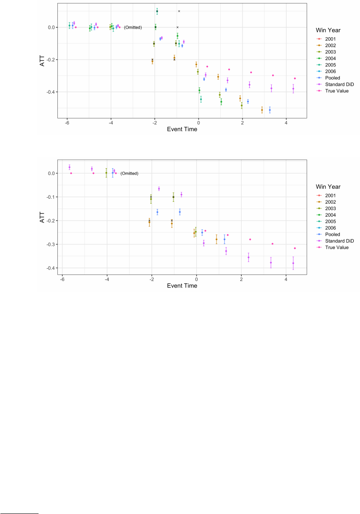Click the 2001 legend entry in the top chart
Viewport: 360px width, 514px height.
[x=331, y=39]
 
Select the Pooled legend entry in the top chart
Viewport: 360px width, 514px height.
[x=333, y=78]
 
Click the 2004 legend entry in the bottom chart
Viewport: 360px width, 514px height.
[x=331, y=215]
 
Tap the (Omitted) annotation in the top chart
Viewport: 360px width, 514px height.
[x=133, y=28]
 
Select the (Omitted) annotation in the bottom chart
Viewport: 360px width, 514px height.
[x=129, y=174]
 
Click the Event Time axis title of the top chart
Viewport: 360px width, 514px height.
[x=182, y=130]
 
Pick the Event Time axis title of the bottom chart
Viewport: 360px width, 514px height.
[x=182, y=286]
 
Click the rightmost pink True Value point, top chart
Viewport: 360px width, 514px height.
[x=295, y=78]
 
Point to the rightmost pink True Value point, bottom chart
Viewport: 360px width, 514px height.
[x=295, y=248]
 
